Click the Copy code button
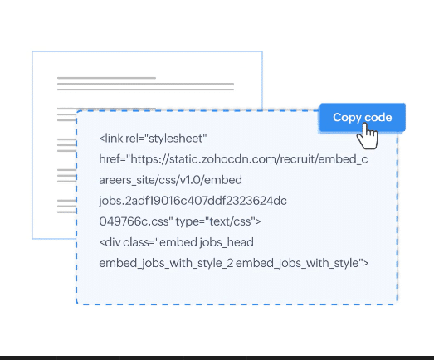tap(363, 117)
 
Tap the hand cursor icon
tap(368, 136)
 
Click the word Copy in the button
tap(346, 118)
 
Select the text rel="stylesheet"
tap(166, 138)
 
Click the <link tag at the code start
tap(110, 138)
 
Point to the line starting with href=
tap(233, 159)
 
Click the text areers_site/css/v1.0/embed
tap(170, 180)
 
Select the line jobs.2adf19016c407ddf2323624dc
tap(193, 201)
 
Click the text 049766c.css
tap(136, 221)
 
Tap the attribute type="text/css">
tap(218, 221)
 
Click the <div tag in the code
tap(110, 242)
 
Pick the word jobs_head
tap(227, 243)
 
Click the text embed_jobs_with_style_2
tap(166, 263)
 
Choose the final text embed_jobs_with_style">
tap(302, 263)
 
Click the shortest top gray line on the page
tap(106, 78)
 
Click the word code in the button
tap(378, 118)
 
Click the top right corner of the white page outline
tap(262, 51)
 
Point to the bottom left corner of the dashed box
tap(76, 304)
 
